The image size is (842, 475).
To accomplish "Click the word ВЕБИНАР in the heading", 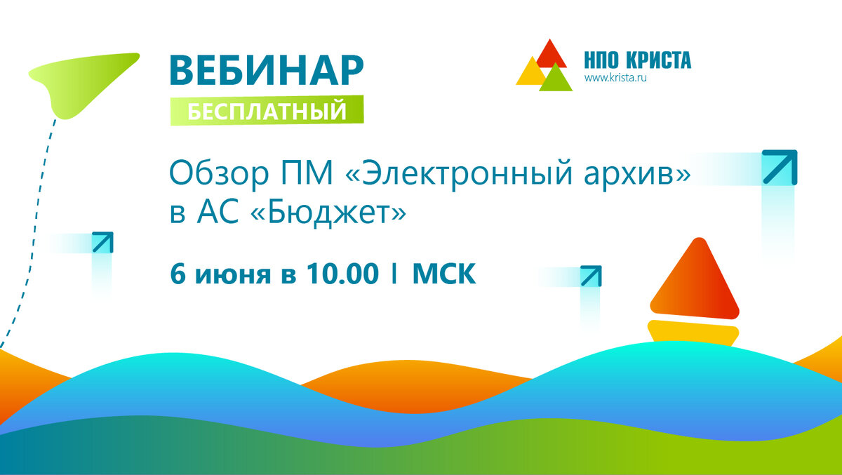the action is [267, 71].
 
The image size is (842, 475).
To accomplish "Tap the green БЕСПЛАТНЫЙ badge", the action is [267, 110].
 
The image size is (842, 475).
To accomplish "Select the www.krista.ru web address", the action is [615, 78].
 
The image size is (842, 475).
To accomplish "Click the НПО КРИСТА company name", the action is [638, 60].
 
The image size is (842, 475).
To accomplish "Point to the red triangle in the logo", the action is [551, 55].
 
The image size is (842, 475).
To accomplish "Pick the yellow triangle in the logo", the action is [530, 72].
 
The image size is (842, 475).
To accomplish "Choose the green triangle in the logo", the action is [556, 79].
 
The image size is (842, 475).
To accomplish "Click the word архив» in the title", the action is [637, 174].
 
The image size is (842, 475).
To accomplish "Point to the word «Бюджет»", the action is [328, 213].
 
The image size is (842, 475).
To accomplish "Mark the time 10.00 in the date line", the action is [342, 274].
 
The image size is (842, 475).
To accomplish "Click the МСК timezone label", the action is [444, 274].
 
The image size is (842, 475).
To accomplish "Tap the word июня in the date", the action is [233, 275].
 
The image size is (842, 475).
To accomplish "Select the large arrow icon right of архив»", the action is [780, 168].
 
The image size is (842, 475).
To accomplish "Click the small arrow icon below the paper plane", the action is [102, 242].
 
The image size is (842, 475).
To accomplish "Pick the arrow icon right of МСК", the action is [591, 276].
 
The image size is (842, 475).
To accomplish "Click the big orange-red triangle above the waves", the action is [695, 279].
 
